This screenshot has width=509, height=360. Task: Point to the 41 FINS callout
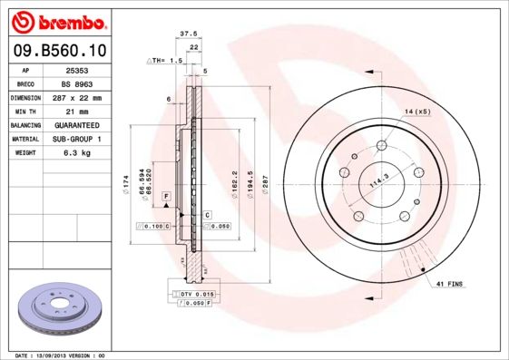coord(448,284)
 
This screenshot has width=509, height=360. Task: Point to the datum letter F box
coord(166,196)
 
